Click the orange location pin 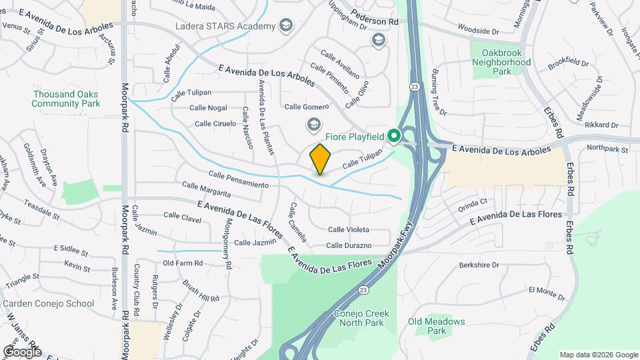(321, 159)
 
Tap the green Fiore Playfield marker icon (393, 136)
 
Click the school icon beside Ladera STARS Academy (286, 26)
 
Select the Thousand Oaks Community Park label (65, 99)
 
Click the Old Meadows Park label (436, 326)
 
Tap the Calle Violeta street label (349, 229)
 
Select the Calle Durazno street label (349, 245)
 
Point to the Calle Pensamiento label (238, 179)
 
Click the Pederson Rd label (375, 21)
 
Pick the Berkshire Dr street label (479, 265)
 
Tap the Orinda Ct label (474, 203)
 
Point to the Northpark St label (607, 150)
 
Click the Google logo (22, 351)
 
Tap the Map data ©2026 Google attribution (597, 355)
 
